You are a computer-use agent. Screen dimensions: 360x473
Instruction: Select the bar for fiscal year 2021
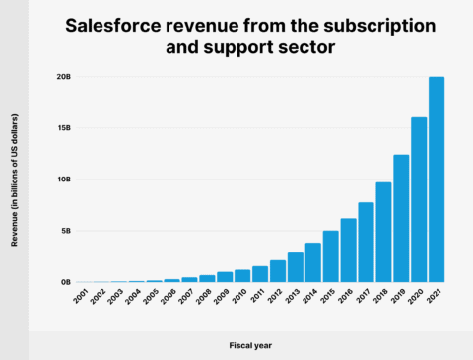437,180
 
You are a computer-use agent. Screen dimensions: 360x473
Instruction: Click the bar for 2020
419,200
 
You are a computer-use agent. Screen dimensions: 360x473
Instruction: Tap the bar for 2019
401,218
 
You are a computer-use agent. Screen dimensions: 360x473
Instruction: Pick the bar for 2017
366,242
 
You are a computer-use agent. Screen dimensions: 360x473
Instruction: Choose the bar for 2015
331,256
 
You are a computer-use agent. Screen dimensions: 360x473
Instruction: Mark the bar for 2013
296,267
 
